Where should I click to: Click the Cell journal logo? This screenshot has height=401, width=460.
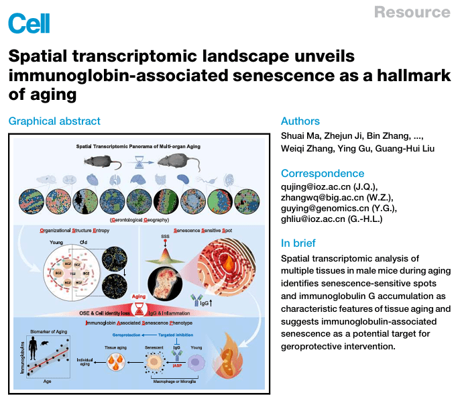[x=25, y=23]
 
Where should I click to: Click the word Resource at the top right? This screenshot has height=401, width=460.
[x=412, y=12]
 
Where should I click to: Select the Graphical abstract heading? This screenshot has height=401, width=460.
[x=54, y=121]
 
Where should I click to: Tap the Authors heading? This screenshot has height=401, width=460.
[x=300, y=121]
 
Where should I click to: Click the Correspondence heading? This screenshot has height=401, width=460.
[x=323, y=174]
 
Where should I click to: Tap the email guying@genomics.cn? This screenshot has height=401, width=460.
[x=325, y=209]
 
